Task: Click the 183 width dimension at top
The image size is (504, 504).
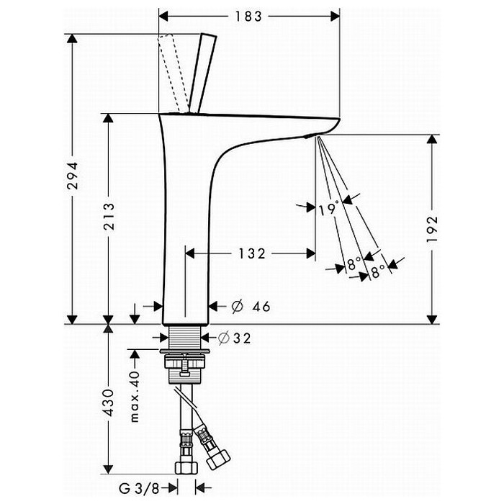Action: coord(248,17)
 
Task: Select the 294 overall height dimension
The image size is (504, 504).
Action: coord(73,175)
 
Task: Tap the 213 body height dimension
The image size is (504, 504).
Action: coord(109,216)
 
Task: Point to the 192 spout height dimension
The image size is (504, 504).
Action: coord(433,228)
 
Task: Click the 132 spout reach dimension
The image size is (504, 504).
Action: coord(252,253)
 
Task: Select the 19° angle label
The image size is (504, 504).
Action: coord(329,209)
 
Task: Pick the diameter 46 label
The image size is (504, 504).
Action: coord(251,306)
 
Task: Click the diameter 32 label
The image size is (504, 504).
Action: coord(234,338)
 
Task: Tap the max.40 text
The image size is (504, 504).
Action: coord(135,396)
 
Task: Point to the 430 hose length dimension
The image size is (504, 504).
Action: coord(109,402)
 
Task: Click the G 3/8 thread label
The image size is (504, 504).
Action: coord(139,489)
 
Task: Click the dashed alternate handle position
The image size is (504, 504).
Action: coord(174,74)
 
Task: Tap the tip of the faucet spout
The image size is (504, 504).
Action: coord(338,120)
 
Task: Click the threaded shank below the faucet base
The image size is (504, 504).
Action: coord(185,336)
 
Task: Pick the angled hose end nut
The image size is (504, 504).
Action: coord(218,459)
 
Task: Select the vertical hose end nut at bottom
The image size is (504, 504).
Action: coord(186,468)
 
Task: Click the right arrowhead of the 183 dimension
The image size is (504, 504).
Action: coord(336,16)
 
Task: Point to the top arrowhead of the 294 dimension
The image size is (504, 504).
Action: coord(72,38)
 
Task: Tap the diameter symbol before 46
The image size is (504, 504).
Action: coord(238,306)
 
